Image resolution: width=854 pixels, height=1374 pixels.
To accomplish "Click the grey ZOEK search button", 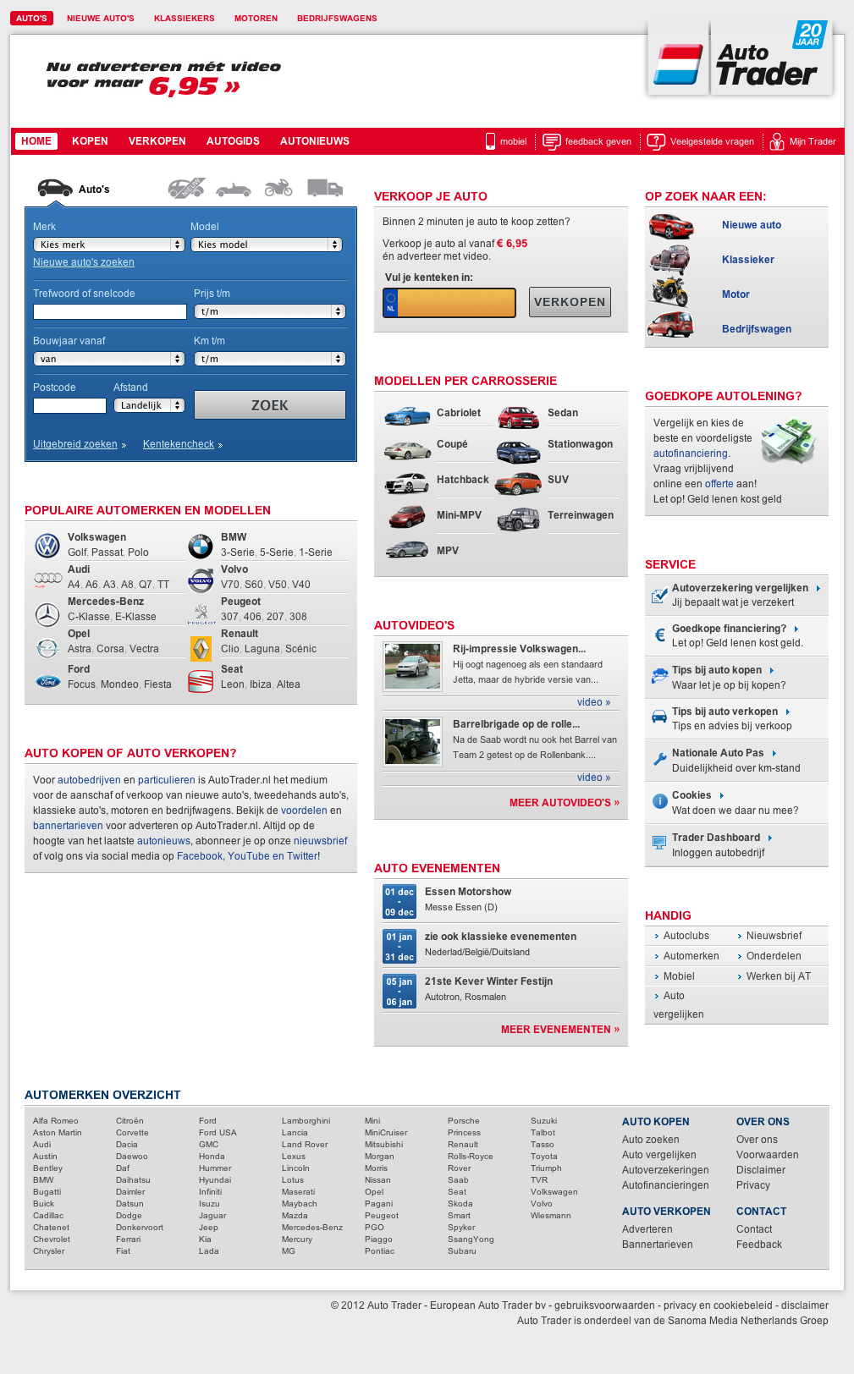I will (270, 405).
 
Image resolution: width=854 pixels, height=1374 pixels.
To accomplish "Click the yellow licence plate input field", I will (457, 303).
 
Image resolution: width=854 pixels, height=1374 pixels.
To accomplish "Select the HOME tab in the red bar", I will (36, 141).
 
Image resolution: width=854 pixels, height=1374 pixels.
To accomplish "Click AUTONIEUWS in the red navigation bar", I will (315, 141).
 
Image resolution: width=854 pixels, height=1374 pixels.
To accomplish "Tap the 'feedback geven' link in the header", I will (598, 142).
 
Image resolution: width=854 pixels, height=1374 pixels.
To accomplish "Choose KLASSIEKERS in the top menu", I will (185, 19).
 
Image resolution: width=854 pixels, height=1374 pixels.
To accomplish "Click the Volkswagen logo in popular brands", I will (47, 546).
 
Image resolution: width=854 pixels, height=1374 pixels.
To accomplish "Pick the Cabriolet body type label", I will (459, 413).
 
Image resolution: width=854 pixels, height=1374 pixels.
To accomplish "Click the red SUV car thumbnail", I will (518, 483).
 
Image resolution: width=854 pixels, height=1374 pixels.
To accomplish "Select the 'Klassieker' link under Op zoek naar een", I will (748, 260).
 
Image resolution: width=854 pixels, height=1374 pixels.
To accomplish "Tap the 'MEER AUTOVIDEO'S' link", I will (565, 803).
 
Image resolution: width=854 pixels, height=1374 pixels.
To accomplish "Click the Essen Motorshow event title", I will (468, 892).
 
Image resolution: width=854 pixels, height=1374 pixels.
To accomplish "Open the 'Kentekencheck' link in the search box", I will (179, 444).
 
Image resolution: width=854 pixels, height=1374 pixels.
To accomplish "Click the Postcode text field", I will (69, 406).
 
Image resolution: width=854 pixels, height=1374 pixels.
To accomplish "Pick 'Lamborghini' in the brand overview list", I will (306, 1121).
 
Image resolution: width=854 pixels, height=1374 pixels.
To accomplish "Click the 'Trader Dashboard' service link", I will (716, 838).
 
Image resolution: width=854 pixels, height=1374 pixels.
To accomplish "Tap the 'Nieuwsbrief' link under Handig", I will (774, 936).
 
